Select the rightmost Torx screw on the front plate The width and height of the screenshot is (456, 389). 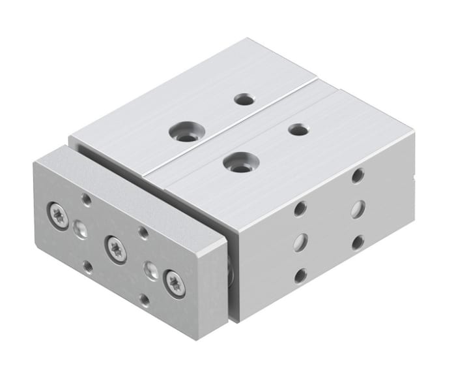pyautogui.click(x=175, y=283)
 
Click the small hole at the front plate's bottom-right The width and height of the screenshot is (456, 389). pyautogui.click(x=144, y=300)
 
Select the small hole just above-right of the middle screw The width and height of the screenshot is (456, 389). pyautogui.click(x=143, y=231)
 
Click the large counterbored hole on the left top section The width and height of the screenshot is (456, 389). pyautogui.click(x=184, y=132)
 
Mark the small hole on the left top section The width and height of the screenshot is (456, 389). pyautogui.click(x=244, y=99)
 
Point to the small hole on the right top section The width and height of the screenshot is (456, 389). pyautogui.click(x=298, y=129)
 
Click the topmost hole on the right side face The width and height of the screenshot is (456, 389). pyautogui.click(x=357, y=175)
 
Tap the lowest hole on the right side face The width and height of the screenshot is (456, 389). pyautogui.click(x=300, y=275)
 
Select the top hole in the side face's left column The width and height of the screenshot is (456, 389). pyautogui.click(x=300, y=209)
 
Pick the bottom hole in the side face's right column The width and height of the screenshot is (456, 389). pyautogui.click(x=357, y=242)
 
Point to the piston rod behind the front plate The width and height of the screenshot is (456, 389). pyautogui.click(x=230, y=268)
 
